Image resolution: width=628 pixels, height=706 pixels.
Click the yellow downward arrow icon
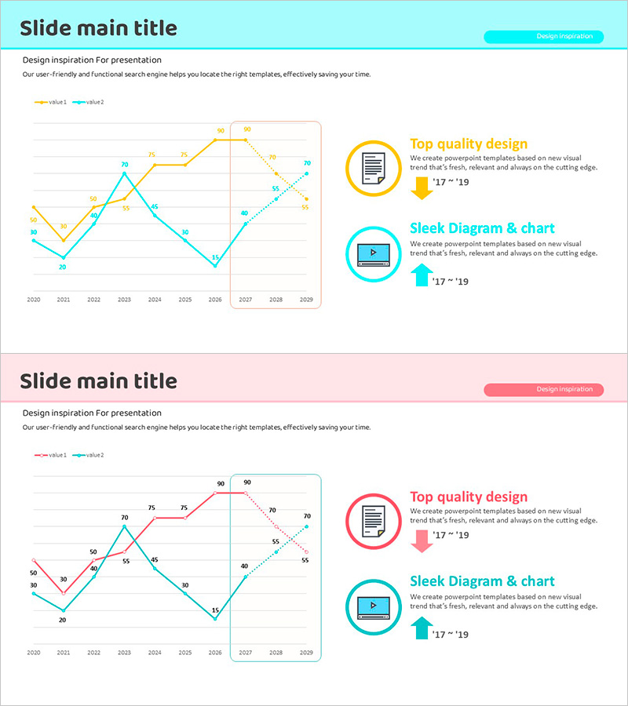click(x=422, y=187)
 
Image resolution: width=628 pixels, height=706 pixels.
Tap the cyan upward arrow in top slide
click(x=422, y=275)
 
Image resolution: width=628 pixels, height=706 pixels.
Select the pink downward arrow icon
click(x=422, y=540)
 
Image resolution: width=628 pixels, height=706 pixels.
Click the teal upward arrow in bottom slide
click(x=422, y=628)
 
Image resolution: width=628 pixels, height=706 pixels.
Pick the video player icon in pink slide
click(x=374, y=606)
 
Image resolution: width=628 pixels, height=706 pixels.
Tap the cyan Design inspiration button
click(x=543, y=36)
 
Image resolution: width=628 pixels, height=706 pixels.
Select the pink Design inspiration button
click(x=543, y=389)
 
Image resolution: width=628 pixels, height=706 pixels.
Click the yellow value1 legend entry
click(x=51, y=102)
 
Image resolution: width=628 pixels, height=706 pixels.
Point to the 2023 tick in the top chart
click(x=124, y=300)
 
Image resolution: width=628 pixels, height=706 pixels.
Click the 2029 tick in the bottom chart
click(x=306, y=653)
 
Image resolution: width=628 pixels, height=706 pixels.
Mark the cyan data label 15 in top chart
click(x=215, y=257)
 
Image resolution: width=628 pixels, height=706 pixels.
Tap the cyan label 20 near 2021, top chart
click(x=63, y=267)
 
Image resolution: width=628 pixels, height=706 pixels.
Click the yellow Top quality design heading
click(x=469, y=144)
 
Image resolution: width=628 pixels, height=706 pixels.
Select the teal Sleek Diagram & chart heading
click(x=482, y=581)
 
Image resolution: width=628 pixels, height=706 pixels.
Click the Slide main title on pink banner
click(x=98, y=381)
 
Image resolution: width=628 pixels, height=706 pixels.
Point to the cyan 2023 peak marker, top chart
click(x=124, y=173)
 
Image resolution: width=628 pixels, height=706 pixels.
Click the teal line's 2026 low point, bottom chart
click(x=215, y=619)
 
